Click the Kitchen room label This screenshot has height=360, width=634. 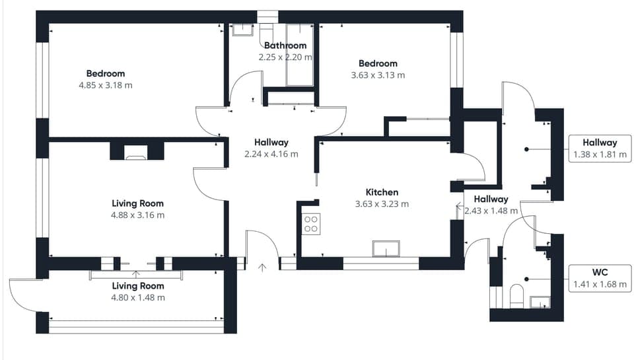coord(382,192)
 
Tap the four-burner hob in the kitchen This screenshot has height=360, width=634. coord(311,224)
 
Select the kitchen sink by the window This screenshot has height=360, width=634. coord(386,249)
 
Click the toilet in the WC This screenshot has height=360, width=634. coord(516,296)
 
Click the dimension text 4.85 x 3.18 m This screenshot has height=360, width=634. coord(106,85)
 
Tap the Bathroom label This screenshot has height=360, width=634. coord(285,46)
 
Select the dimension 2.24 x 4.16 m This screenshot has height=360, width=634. coord(271,154)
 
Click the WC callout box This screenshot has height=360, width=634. coord(600,278)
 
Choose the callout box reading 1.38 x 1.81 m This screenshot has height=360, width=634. coord(600,149)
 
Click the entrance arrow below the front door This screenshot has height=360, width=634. coord(262,268)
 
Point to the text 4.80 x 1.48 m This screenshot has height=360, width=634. coord(138,298)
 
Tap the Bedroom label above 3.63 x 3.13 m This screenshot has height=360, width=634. coord(378,63)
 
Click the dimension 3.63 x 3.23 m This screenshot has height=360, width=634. coord(382,204)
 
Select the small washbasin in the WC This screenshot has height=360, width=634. coord(540,302)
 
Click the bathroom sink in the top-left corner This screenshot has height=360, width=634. coord(243,30)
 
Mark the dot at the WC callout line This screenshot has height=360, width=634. coord(526,279)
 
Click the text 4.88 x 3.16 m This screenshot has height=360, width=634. coord(138,215)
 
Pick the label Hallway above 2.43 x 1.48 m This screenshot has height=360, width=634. coord(491,199)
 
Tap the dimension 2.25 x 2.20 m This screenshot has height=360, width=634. coord(285,57)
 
